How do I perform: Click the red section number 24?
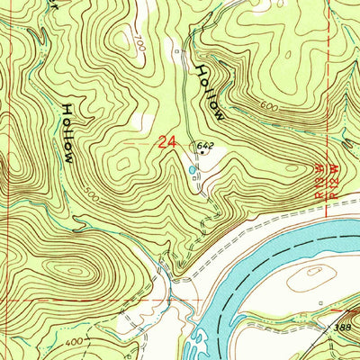pyautogui.click(x=165, y=141)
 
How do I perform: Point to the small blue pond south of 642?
pyautogui.click(x=191, y=167)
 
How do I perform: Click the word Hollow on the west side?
pyautogui.click(x=67, y=132)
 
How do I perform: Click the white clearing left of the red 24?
pyautogui.click(x=138, y=120)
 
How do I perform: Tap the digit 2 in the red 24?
pyautogui.click(x=160, y=141)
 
